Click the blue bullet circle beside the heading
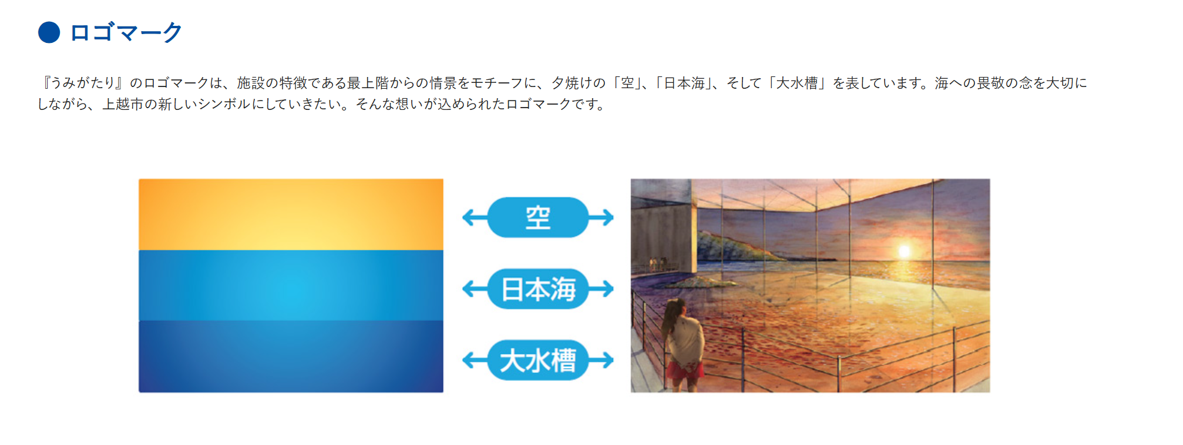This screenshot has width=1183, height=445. pyautogui.click(x=49, y=32)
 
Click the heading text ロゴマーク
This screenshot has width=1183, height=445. pyautogui.click(x=126, y=32)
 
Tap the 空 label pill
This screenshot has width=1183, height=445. pyautogui.click(x=538, y=218)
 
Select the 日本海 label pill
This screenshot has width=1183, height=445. pyautogui.click(x=538, y=289)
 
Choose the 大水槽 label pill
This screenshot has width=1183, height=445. pyautogui.click(x=538, y=360)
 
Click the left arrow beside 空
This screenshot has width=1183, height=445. pyautogui.click(x=475, y=218)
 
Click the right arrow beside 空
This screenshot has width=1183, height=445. pyautogui.click(x=601, y=218)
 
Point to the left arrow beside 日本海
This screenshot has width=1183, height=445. pyautogui.click(x=475, y=289)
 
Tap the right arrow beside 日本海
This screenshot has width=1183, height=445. pyautogui.click(x=601, y=289)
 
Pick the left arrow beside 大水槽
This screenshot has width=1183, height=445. pyautogui.click(x=475, y=360)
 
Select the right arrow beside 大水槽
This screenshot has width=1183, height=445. pyautogui.click(x=601, y=360)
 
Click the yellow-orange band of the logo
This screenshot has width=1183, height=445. pyautogui.click(x=291, y=215)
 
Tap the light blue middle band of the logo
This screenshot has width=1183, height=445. pyautogui.click(x=291, y=286)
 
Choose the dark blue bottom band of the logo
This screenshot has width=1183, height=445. pyautogui.click(x=291, y=356)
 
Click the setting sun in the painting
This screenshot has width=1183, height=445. pyautogui.click(x=904, y=251)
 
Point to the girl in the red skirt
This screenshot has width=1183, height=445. pyautogui.click(x=683, y=344)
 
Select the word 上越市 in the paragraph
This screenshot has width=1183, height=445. pyautogui.click(x=123, y=105)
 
